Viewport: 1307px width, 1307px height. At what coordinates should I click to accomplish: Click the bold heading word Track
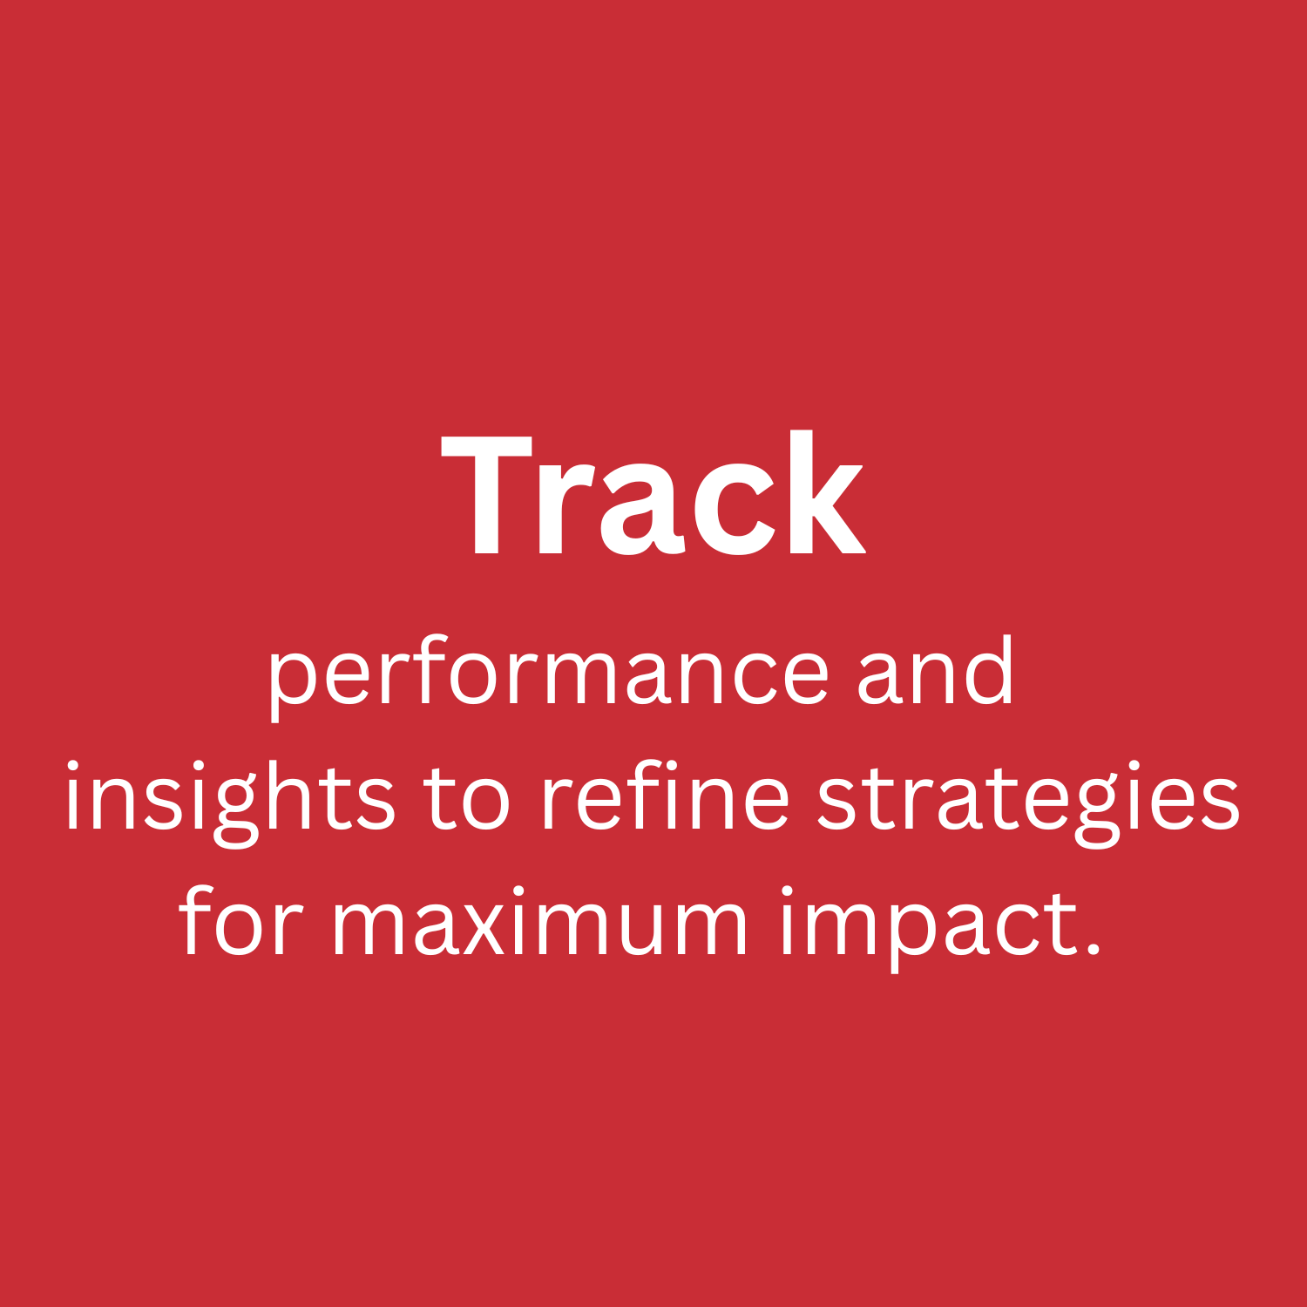653,494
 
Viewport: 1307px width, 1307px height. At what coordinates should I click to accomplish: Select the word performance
547,675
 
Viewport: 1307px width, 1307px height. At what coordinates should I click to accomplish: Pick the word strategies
1028,800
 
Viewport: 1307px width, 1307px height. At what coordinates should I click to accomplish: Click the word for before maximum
241,922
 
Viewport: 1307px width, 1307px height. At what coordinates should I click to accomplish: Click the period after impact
1094,948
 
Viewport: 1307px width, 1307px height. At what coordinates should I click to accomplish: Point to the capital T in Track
486,494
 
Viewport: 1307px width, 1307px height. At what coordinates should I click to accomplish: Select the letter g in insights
235,809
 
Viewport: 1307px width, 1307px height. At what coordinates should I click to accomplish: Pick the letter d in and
992,671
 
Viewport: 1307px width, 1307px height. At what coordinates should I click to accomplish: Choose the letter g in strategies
1098,809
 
